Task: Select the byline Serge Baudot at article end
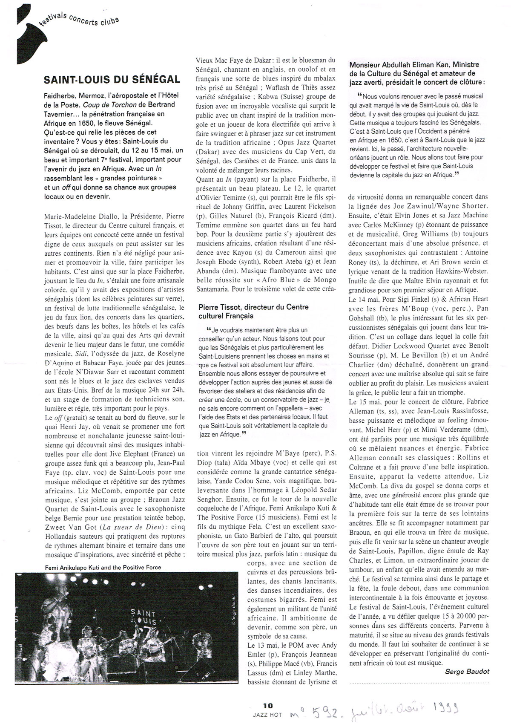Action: click(467, 672)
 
